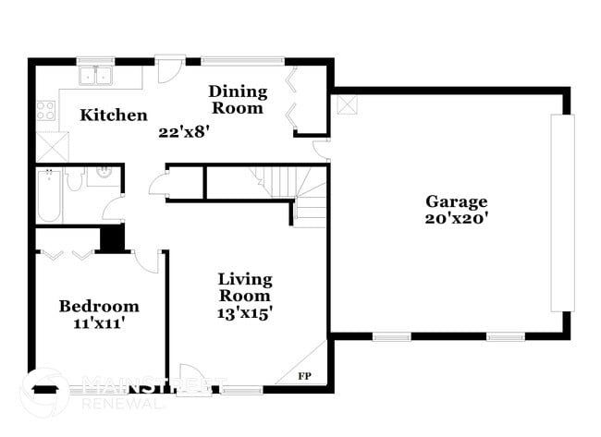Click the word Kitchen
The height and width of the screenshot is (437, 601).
(x=113, y=115)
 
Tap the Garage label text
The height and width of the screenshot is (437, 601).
(x=456, y=201)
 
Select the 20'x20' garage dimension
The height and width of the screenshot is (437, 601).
(x=456, y=219)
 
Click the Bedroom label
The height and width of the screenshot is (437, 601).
(x=99, y=306)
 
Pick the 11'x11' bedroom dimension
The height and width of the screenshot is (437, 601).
(x=99, y=323)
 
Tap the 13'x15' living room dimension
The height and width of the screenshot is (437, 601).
(x=244, y=313)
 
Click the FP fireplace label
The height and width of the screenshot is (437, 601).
(x=305, y=376)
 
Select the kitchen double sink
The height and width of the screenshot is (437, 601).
(x=94, y=75)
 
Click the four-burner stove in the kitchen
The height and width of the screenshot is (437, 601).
(x=46, y=111)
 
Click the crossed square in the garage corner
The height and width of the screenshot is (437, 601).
(x=346, y=104)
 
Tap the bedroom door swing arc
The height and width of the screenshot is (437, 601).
(x=147, y=260)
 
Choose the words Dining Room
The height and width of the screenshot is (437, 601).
(x=238, y=100)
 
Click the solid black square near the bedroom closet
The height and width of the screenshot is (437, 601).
(x=112, y=237)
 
